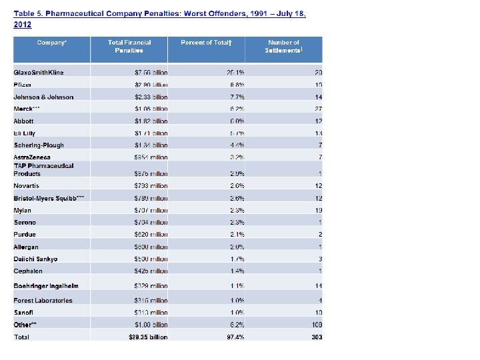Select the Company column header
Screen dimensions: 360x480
click(52, 43)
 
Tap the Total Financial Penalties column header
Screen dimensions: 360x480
click(129, 47)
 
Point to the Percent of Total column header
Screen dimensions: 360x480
click(206, 43)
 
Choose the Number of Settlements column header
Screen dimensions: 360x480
click(283, 47)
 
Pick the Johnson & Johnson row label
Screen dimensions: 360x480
click(43, 97)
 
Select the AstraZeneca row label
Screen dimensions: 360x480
click(32, 157)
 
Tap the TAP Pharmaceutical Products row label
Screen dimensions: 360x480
click(43, 169)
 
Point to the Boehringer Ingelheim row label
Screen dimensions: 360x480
click(46, 285)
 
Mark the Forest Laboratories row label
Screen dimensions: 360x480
click(43, 300)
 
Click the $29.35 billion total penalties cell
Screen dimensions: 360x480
click(148, 337)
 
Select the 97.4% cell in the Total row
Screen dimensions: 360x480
click(235, 337)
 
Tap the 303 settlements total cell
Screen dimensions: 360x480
click(316, 337)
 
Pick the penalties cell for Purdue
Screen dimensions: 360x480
click(151, 235)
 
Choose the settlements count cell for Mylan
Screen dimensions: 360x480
click(319, 211)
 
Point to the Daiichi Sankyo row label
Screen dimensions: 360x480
click(35, 259)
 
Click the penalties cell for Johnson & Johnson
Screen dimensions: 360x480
click(151, 97)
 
